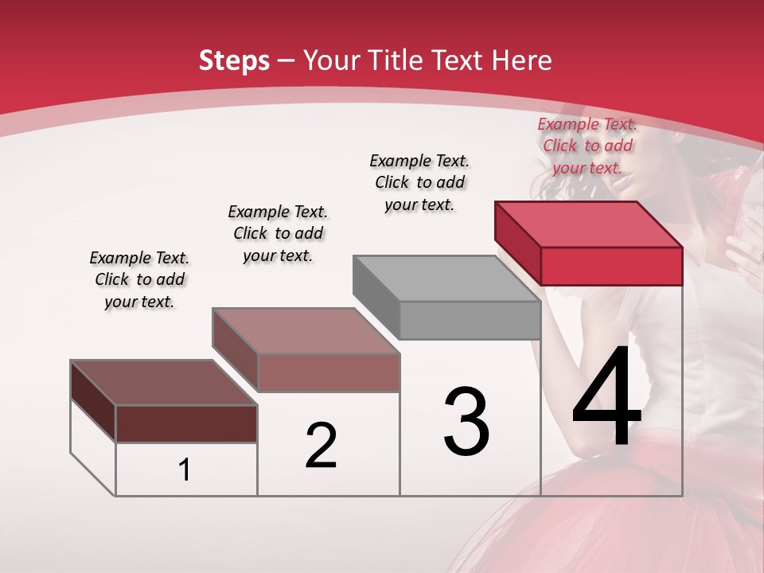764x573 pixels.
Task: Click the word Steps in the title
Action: [x=233, y=60]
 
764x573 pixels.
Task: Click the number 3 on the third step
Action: [x=466, y=422]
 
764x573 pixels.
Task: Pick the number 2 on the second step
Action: [x=321, y=446]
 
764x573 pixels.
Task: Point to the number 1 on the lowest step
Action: [x=185, y=470]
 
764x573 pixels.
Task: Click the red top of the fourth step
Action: [x=587, y=224]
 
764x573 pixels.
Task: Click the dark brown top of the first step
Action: [x=163, y=383]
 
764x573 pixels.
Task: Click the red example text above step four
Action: [x=587, y=146]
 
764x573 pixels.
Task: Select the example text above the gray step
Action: [x=419, y=182]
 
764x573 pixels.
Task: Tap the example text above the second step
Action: [x=278, y=233]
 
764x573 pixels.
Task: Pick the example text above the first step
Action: [x=139, y=279]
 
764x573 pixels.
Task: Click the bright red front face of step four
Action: [x=611, y=266]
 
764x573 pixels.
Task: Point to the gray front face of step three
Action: [x=470, y=320]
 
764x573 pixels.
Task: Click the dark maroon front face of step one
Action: [x=186, y=423]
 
